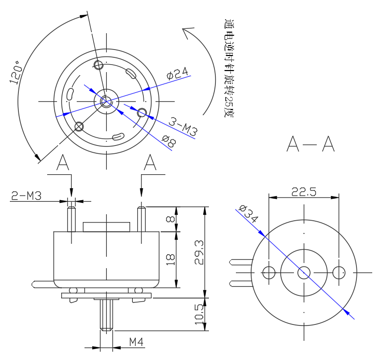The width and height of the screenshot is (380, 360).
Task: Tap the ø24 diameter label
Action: tap(177, 74)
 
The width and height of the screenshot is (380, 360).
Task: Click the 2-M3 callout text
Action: tap(26, 196)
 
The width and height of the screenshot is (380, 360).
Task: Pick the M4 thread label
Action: tap(136, 342)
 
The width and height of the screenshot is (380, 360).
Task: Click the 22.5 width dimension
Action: tap(304, 191)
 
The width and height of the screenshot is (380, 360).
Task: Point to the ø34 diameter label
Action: tap(248, 214)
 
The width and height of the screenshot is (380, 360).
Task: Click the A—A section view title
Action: tap(311, 145)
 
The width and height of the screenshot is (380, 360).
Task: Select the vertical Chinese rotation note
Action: tap(229, 68)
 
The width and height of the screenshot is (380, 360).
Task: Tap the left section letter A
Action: tap(63, 163)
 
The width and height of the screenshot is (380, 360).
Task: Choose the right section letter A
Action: tap(151, 163)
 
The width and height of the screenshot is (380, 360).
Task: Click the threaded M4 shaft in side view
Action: tap(106, 315)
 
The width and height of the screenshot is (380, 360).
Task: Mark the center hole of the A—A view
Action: tap(304, 272)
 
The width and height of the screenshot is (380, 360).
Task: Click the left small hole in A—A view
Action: tap(269, 272)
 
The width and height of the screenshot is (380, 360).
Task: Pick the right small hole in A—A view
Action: tap(339, 272)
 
